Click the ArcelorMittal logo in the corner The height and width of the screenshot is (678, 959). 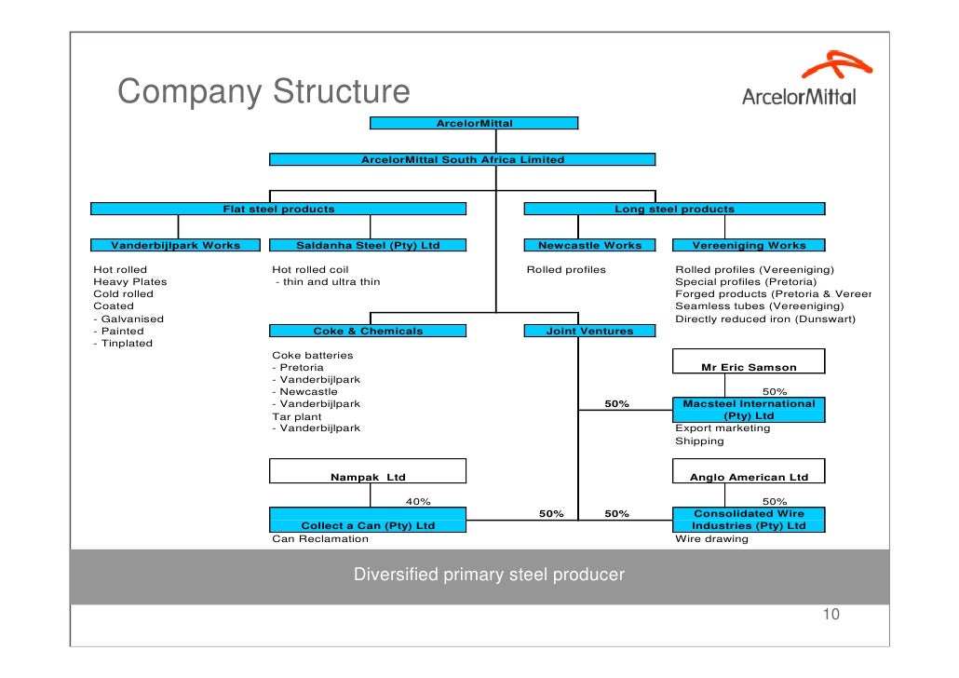[x=799, y=81]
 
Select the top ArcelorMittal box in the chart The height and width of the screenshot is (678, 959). [x=474, y=123]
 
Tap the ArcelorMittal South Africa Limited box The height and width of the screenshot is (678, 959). [x=463, y=159]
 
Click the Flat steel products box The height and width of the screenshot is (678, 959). [x=278, y=210]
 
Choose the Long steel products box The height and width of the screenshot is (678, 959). [x=674, y=210]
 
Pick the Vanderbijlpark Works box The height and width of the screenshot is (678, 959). [x=176, y=246]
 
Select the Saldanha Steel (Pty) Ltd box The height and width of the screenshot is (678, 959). [x=368, y=246]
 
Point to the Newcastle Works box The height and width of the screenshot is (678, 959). [x=590, y=246]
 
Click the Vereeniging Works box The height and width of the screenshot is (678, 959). [x=749, y=246]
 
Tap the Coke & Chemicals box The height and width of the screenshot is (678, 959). [x=368, y=331]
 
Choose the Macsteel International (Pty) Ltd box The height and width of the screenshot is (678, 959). [x=749, y=410]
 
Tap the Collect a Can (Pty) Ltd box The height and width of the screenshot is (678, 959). [x=368, y=520]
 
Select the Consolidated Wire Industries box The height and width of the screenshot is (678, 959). [x=749, y=520]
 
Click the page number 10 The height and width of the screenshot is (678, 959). [x=831, y=615]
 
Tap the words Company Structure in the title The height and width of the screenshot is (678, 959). [x=263, y=92]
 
